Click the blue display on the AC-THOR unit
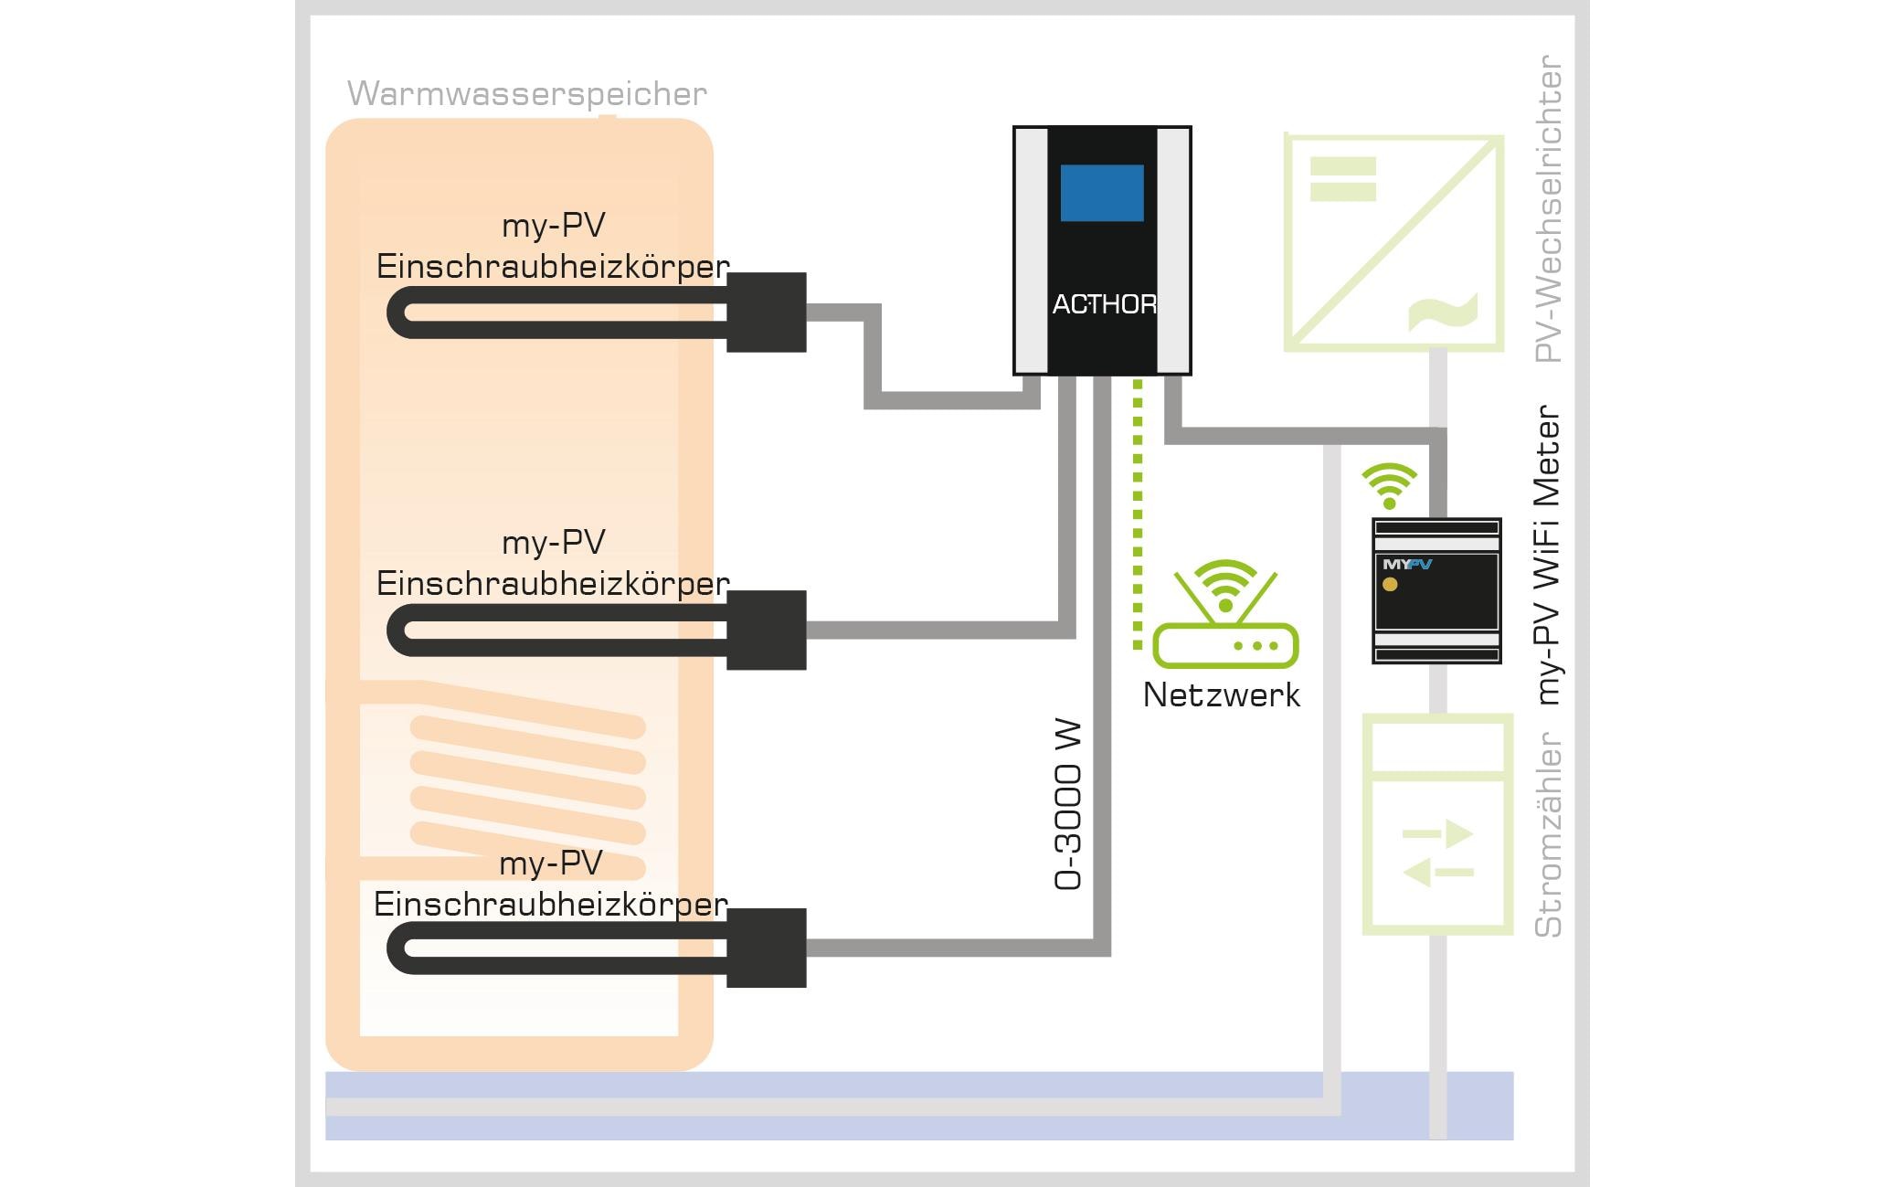1101,193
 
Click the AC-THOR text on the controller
1104,304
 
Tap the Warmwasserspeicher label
526,94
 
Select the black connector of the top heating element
766,312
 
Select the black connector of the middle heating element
766,630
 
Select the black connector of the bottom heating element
766,948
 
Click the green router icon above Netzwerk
1224,616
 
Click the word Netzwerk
1221,695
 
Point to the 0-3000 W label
1067,804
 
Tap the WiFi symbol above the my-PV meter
1389,485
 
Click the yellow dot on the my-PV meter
1390,585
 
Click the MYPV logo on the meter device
1406,565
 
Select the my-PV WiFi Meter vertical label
1547,555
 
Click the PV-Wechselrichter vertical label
1547,209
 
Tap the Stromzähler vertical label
1547,834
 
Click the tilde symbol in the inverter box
1444,312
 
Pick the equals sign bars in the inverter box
1342,179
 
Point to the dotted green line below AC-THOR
1138,512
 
